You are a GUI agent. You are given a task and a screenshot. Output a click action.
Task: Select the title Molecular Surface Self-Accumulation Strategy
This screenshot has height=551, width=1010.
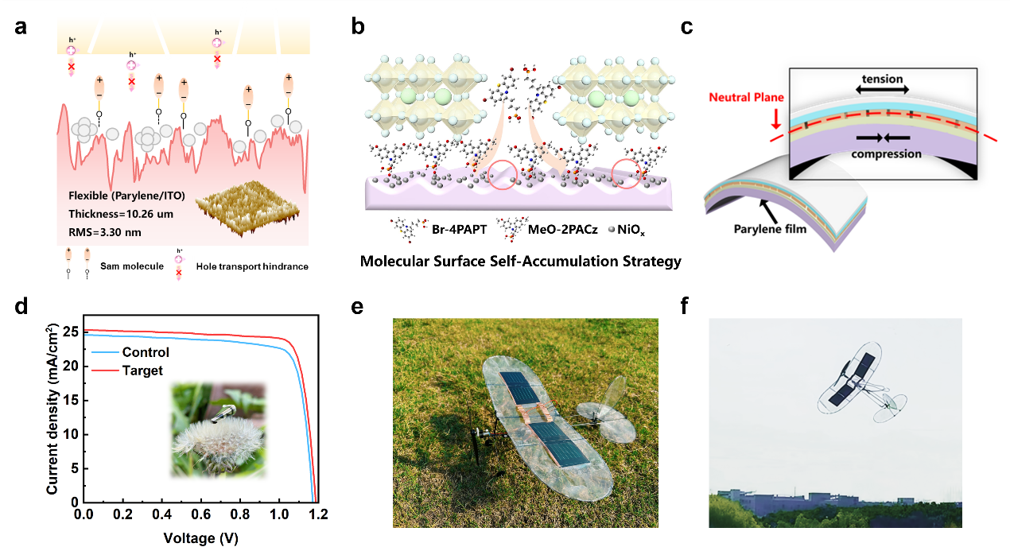521,261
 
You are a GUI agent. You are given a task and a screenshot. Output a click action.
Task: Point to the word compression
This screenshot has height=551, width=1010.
887,153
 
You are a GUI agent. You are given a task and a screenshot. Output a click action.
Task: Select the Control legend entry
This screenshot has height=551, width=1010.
146,353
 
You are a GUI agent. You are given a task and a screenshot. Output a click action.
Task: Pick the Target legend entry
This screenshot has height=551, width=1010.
142,371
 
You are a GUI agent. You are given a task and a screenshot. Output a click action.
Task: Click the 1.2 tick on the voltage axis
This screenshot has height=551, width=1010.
318,515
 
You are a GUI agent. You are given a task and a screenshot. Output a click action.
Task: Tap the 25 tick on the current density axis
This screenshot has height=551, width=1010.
70,331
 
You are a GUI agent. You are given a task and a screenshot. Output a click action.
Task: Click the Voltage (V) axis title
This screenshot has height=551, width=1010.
200,537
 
